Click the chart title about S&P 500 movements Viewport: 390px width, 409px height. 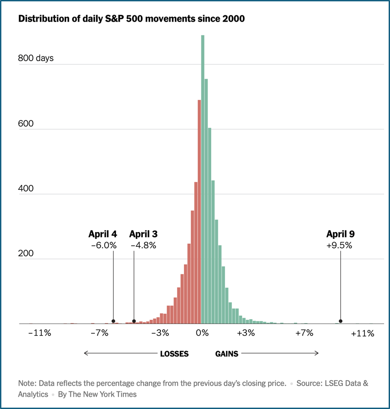point(131,19)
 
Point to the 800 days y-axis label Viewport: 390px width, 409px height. point(36,58)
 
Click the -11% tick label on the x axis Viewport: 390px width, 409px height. point(40,333)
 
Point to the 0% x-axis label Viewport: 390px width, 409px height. point(203,333)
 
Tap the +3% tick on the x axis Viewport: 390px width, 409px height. point(246,333)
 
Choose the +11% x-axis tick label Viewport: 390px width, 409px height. point(363,333)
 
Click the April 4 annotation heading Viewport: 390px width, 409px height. point(103,234)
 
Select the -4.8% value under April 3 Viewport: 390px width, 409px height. point(143,246)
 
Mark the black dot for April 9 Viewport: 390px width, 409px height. point(341,321)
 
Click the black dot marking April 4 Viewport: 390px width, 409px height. point(113,321)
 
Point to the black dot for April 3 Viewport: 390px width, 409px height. point(134,321)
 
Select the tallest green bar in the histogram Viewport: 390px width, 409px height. point(203,180)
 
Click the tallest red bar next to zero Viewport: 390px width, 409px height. point(199,211)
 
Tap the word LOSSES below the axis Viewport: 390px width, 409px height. point(174,354)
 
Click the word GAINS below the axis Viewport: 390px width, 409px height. point(227,354)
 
